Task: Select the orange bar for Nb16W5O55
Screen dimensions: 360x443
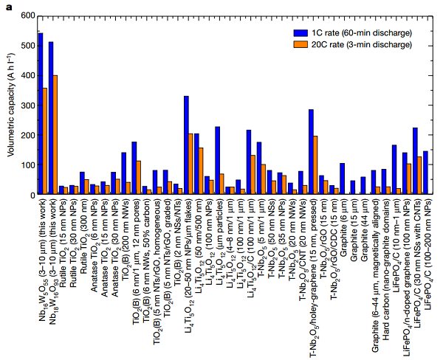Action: [x=45, y=141]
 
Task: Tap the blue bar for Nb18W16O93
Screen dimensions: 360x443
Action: [x=50, y=118]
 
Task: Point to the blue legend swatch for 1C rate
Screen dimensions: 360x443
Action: [x=301, y=33]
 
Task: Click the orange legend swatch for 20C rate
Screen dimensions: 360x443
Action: [x=301, y=44]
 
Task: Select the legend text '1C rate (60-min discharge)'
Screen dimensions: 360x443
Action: [x=360, y=33]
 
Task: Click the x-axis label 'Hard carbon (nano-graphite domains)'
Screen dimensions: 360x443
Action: [x=385, y=251]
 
